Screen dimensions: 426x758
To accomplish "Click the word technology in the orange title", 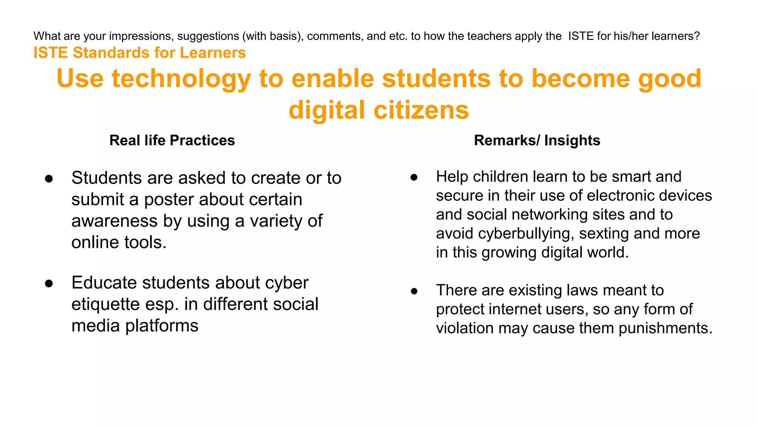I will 181,79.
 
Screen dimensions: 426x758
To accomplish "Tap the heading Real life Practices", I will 172,141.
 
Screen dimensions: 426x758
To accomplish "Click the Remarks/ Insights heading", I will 537,141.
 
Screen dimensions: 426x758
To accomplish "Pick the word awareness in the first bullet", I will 114,221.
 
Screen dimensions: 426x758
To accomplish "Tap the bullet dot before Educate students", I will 49,284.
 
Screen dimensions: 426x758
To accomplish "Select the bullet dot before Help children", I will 414,177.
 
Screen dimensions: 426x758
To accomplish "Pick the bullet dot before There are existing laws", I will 414,291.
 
